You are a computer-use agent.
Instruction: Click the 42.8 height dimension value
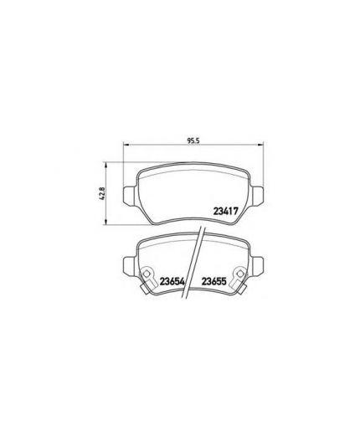100,192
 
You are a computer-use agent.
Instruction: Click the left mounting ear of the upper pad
129,194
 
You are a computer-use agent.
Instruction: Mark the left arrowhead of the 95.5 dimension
127,146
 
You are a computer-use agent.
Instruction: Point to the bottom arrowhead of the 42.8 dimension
106,221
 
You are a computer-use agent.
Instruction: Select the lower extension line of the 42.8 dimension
126,224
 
